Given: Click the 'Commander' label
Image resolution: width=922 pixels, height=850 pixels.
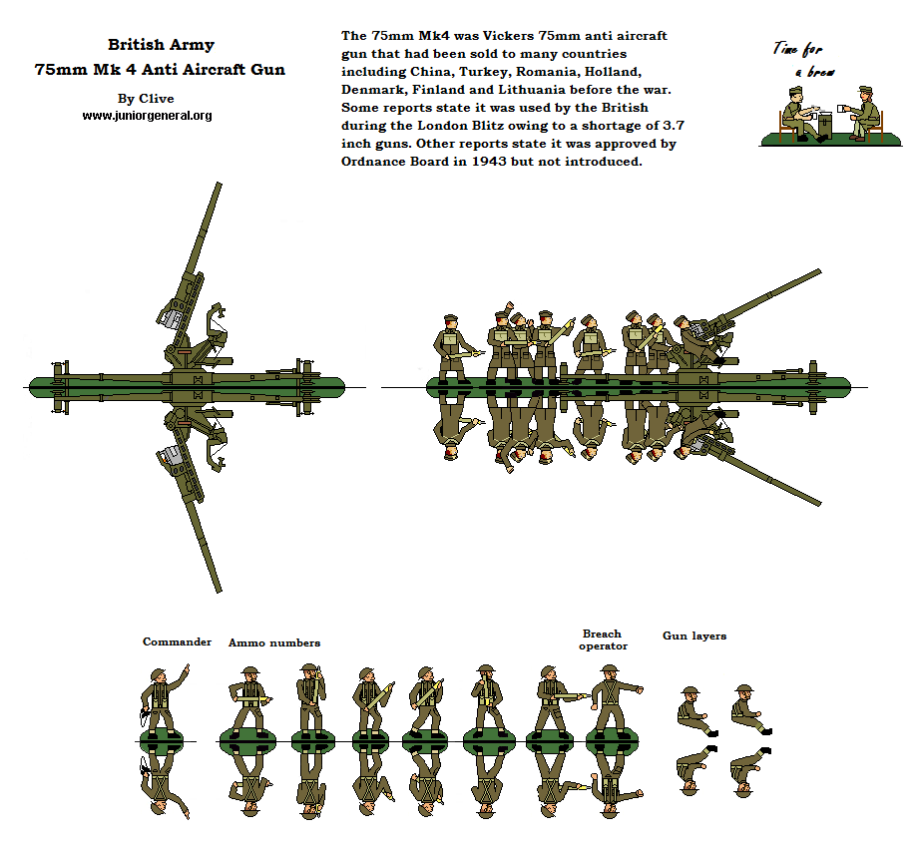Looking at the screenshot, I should coord(177,641).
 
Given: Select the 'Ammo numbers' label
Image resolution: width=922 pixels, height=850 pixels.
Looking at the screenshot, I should coord(274,643).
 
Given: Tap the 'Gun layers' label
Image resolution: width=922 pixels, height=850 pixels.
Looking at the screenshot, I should coord(694,636).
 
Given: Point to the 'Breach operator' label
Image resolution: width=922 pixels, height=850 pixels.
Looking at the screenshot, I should coord(602,639).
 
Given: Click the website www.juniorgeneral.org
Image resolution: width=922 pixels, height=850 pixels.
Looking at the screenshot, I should coord(147,116).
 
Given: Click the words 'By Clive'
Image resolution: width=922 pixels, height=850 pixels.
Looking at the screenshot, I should coord(146,99).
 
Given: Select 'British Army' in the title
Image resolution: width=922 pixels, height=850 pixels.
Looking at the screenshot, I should coord(160,45).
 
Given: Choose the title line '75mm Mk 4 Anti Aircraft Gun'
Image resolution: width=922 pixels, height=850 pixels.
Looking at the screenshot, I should coord(160,70).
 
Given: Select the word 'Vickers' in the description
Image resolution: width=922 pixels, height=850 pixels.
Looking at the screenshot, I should coord(506,36).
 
